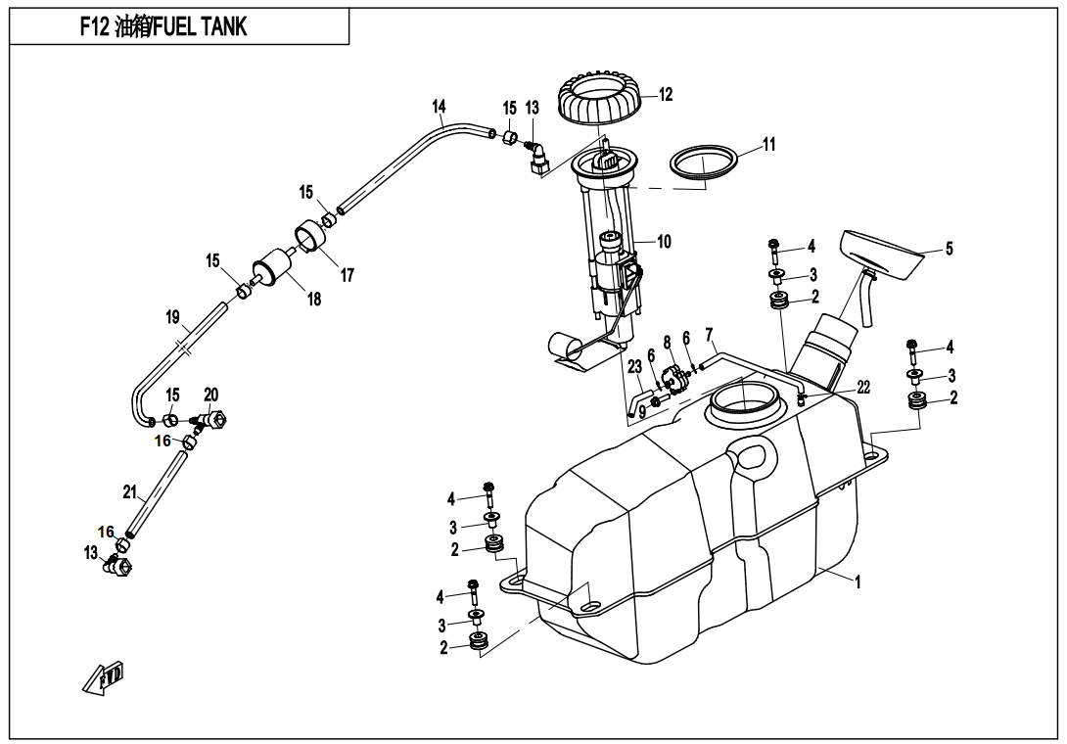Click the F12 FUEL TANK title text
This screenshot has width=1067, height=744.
[163, 26]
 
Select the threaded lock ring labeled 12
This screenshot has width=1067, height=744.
[600, 102]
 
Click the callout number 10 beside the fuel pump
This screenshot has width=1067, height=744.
[664, 241]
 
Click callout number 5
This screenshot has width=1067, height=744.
[948, 249]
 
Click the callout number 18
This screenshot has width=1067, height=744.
[314, 301]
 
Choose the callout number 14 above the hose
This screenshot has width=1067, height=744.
[439, 106]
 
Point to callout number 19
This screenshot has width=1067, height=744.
[172, 317]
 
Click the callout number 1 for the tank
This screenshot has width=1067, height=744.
[858, 581]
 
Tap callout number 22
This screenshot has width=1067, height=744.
[862, 388]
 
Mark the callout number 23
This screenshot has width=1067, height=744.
[634, 367]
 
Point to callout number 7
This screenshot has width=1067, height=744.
[709, 335]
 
